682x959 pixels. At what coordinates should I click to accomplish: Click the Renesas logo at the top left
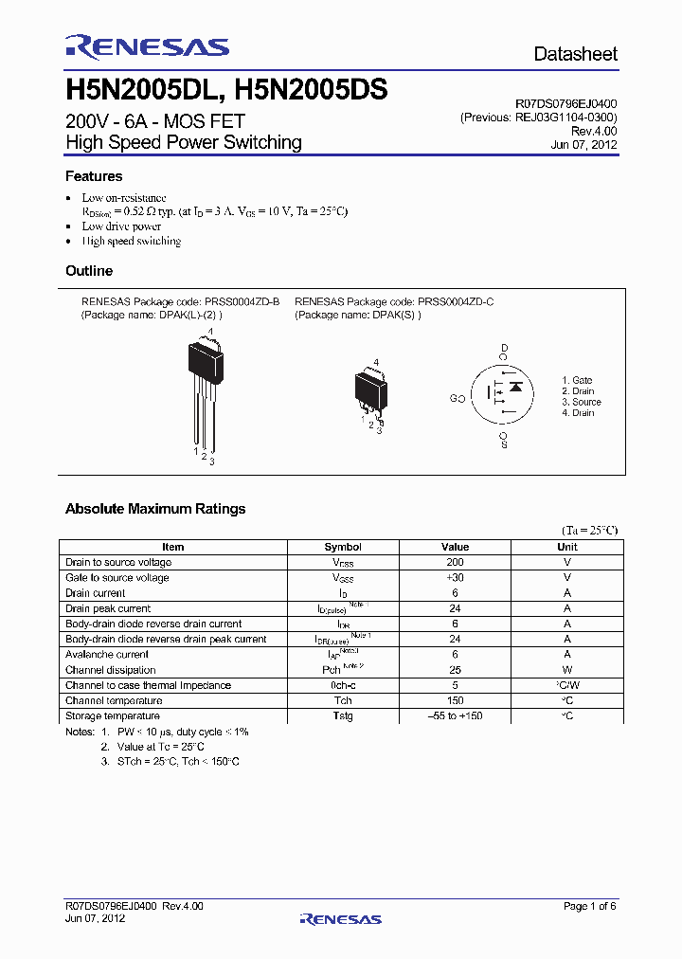tap(147, 47)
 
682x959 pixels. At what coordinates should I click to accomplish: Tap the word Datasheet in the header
tap(575, 54)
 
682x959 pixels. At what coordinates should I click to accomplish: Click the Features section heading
tap(94, 176)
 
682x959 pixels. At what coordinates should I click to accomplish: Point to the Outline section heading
tap(89, 271)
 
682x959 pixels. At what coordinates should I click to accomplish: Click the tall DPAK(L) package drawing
tap(206, 389)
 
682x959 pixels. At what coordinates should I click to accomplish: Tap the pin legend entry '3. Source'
tap(581, 402)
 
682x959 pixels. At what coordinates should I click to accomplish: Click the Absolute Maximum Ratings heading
tap(155, 509)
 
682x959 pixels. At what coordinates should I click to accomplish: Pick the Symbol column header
tap(343, 547)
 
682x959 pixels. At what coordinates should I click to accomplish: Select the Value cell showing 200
tap(455, 562)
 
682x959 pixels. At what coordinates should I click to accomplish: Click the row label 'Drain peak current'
tap(108, 608)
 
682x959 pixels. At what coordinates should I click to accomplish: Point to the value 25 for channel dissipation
tap(455, 670)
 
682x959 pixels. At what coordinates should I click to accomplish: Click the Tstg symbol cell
tap(343, 715)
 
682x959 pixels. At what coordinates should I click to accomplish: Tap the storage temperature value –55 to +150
tap(455, 715)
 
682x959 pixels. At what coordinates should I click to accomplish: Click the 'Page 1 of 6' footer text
tap(589, 906)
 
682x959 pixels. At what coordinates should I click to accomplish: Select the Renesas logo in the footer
tap(340, 918)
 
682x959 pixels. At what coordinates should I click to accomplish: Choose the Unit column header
tap(567, 547)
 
